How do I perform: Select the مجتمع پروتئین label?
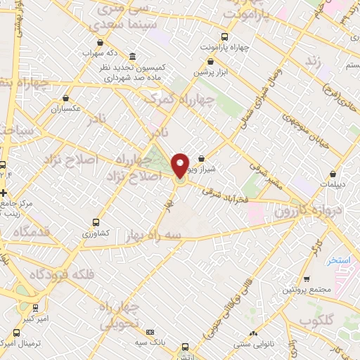pyautogui.click(x=307, y=290)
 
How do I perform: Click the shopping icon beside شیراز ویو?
pyautogui.click(x=201, y=158)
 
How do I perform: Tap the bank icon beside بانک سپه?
pyautogui.click(x=150, y=332)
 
